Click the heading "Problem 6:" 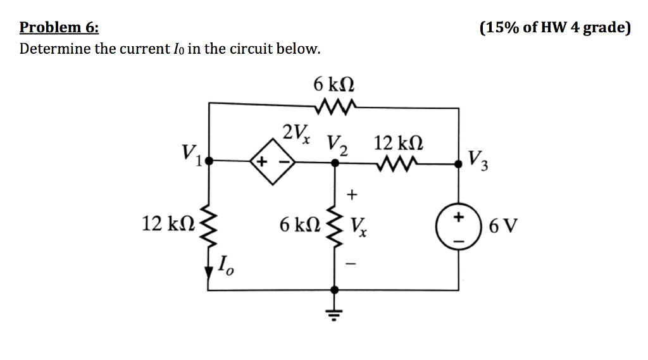[59, 27]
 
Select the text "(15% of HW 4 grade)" [555, 27]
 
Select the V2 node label [336, 144]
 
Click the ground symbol [336, 311]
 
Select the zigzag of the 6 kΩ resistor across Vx [336, 224]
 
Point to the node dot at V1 [210, 162]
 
